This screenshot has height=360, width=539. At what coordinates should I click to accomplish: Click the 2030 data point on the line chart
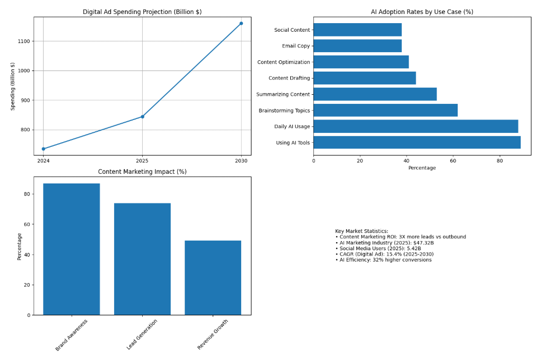[x=241, y=23]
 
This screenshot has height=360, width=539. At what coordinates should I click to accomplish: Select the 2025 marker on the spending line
[x=142, y=116]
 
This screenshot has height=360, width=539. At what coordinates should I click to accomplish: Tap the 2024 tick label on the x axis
[x=43, y=160]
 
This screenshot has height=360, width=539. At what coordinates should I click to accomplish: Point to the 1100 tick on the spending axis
[x=23, y=41]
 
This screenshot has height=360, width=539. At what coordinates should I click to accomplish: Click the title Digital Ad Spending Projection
[x=142, y=12]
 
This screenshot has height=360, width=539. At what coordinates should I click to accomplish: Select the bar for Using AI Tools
[x=417, y=143]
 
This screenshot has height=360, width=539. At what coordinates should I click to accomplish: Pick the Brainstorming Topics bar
[x=386, y=110]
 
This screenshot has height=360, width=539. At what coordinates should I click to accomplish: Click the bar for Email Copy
[x=358, y=46]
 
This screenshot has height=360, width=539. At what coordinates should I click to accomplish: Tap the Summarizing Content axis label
[x=283, y=94]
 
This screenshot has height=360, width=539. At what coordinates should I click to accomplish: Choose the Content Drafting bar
[x=365, y=78]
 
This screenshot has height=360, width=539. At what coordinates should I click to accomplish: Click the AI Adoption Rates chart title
[x=422, y=12]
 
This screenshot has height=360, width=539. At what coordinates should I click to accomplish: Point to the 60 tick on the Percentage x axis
[x=453, y=160]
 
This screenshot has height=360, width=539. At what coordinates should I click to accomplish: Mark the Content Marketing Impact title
[x=142, y=172]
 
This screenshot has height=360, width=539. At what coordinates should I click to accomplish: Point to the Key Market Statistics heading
[x=361, y=231]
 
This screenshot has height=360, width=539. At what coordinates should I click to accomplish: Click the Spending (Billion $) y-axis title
[x=13, y=86]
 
